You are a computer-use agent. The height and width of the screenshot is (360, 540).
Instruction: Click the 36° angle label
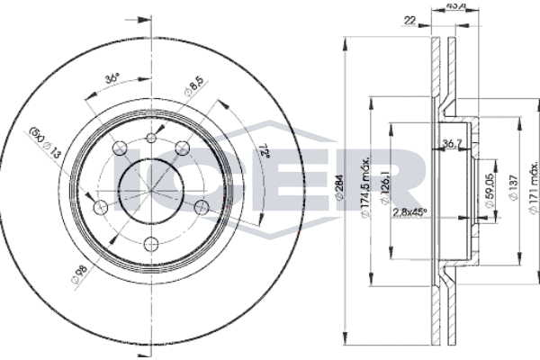click(x=112, y=78)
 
